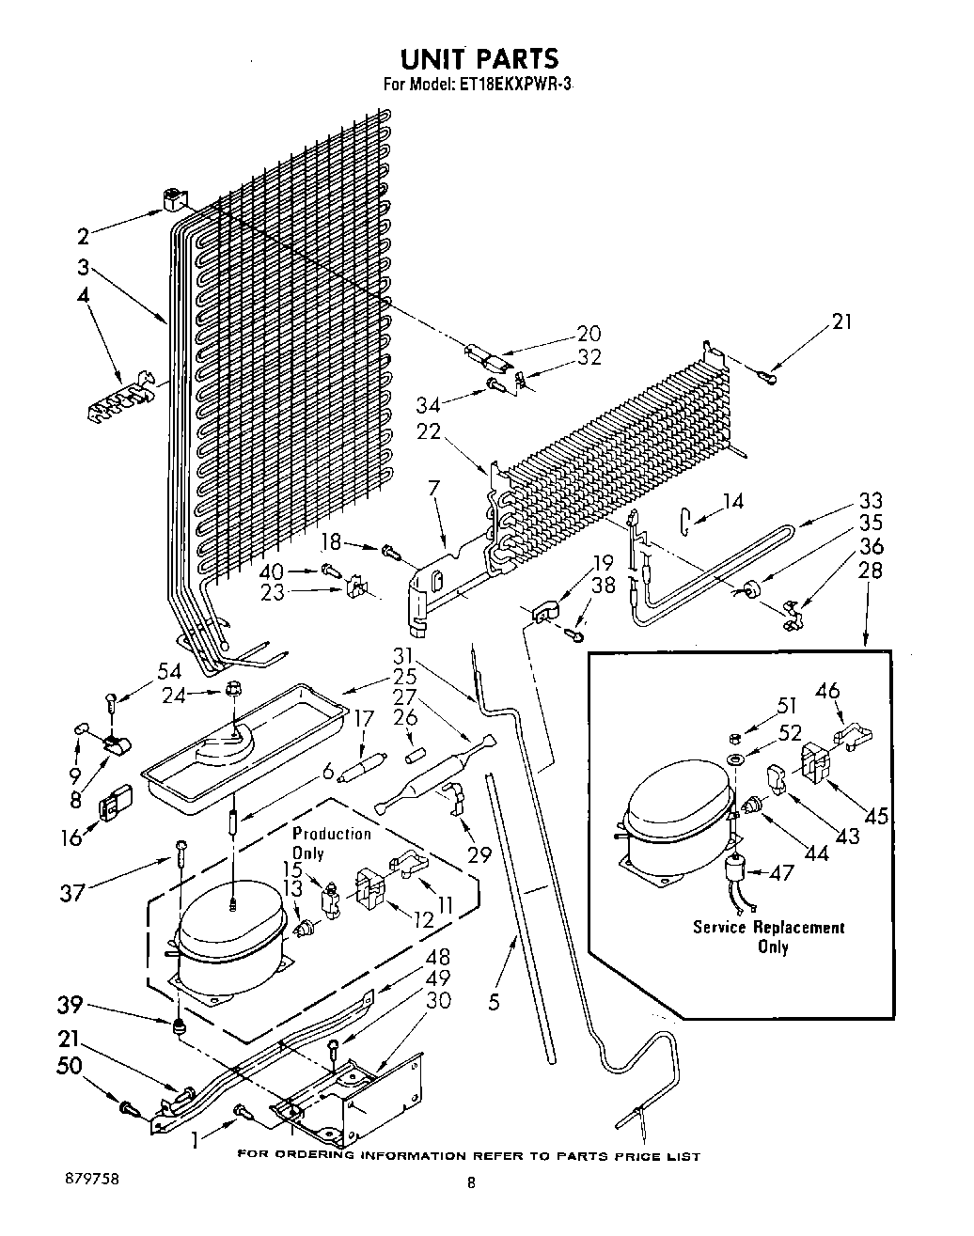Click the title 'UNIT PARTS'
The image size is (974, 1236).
coord(479,58)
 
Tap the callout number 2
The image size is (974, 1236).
coord(84,236)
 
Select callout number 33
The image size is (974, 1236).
coord(870,500)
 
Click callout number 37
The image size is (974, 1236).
coord(72,893)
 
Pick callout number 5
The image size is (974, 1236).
coord(494,1002)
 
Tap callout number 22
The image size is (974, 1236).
coord(429,430)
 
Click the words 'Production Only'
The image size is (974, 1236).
coord(332,842)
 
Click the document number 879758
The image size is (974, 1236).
coord(92,1178)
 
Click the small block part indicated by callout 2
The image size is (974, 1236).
coord(174,201)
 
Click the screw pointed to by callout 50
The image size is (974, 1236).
coord(130,1108)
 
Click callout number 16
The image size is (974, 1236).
coord(71,838)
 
